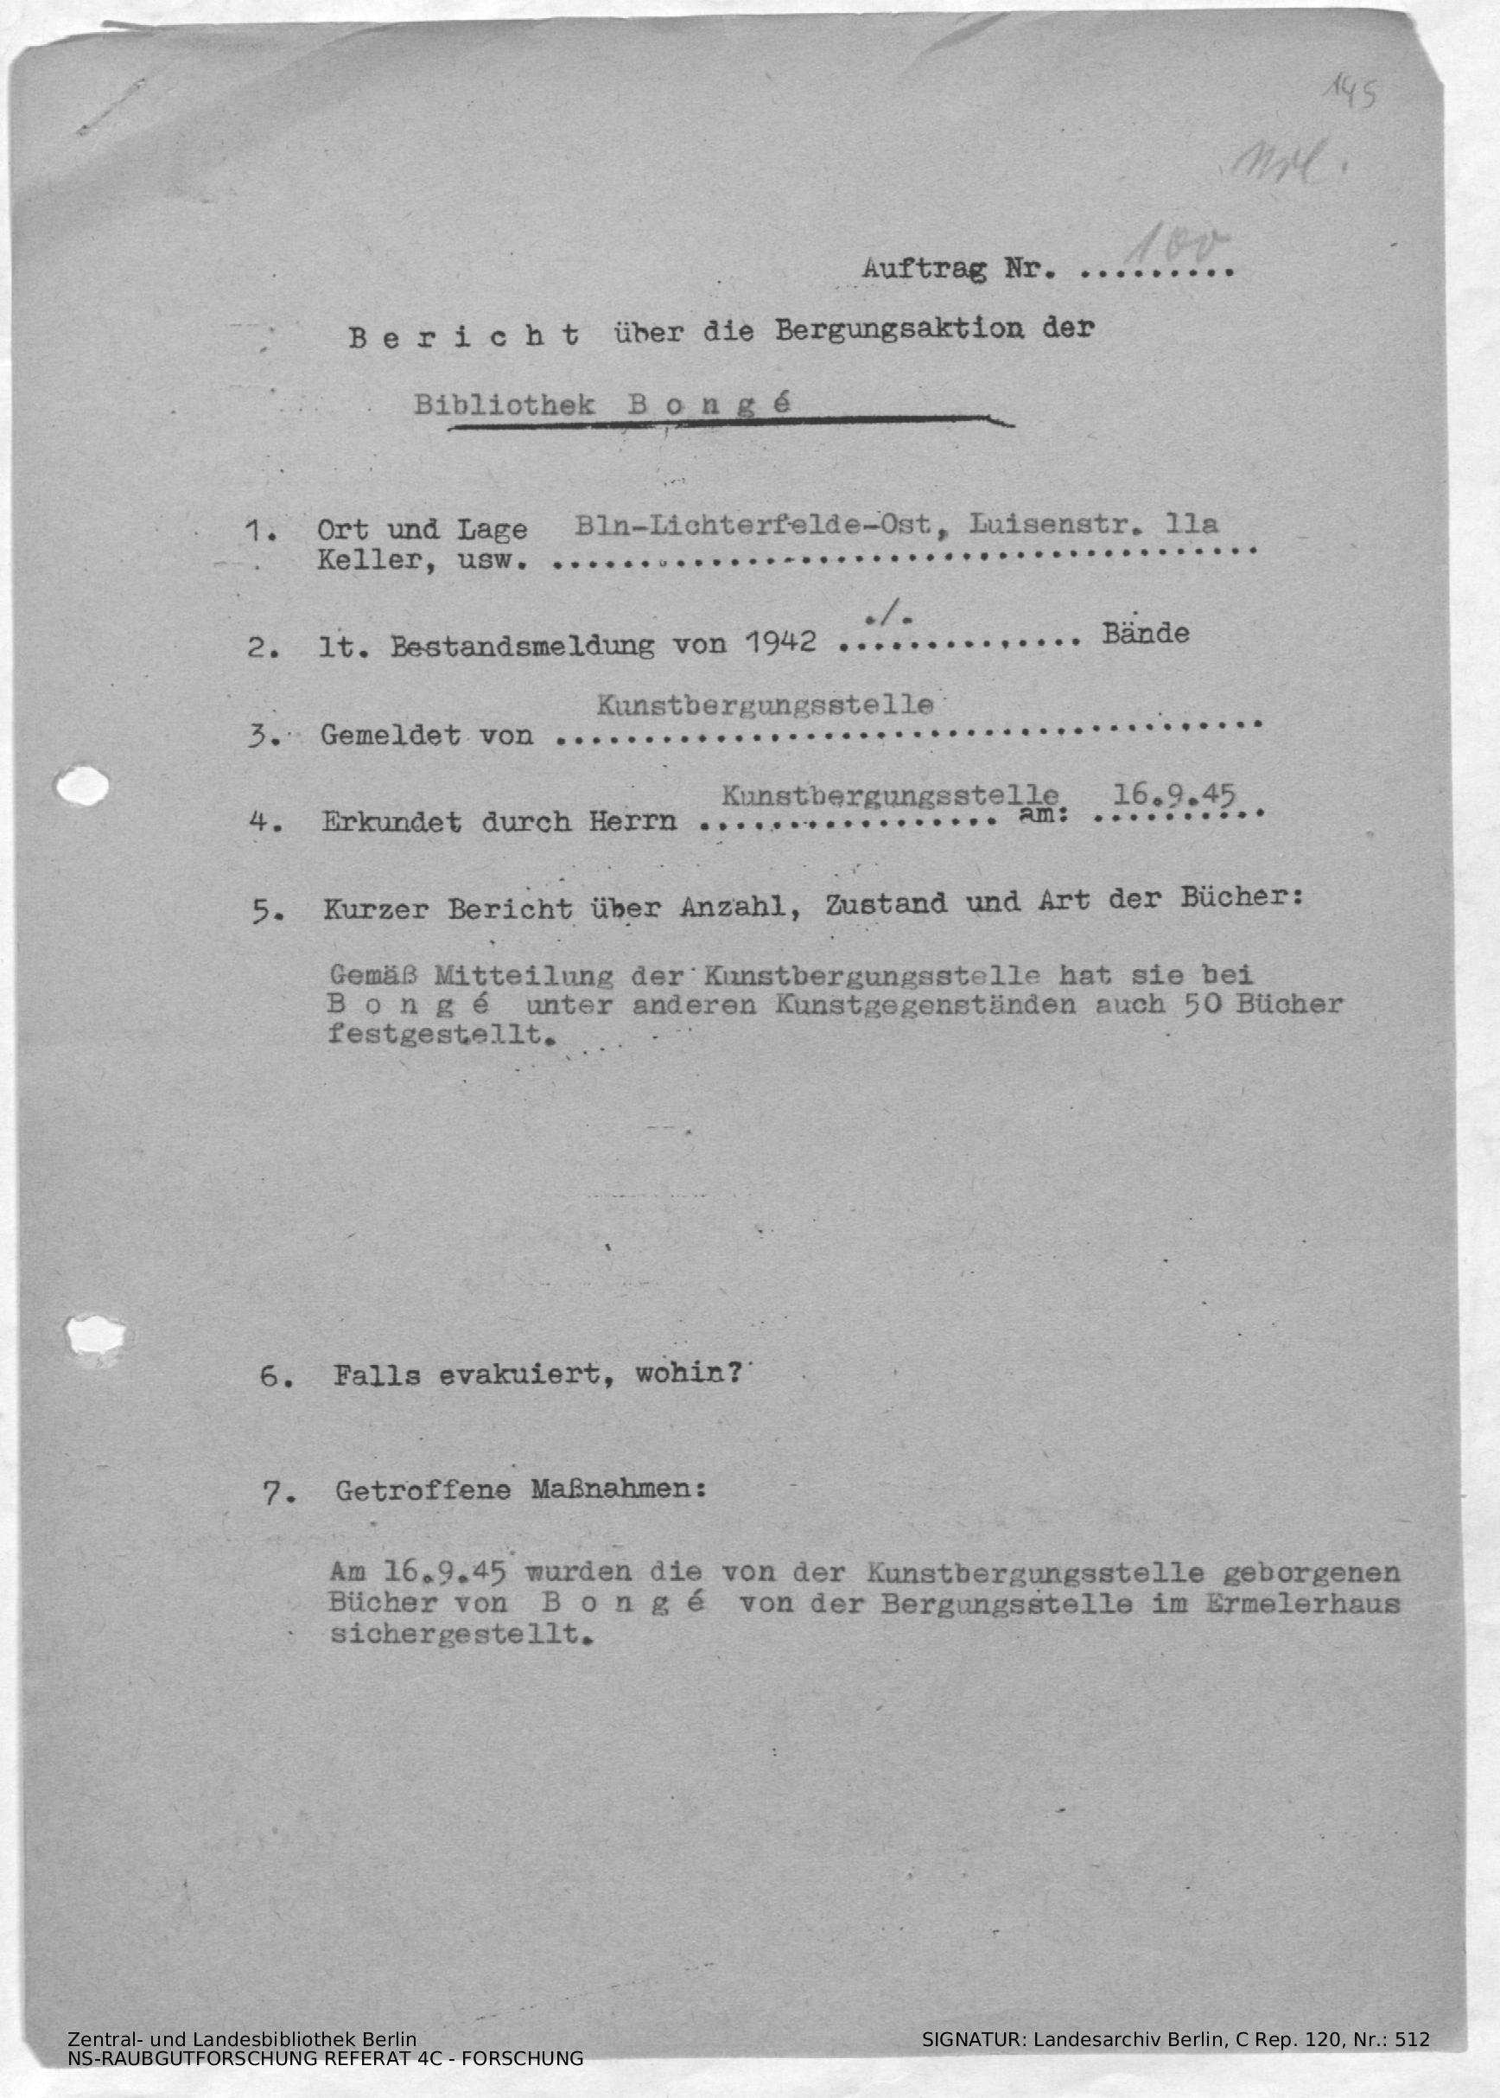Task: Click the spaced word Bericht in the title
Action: click(465, 336)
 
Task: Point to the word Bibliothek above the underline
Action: click(504, 405)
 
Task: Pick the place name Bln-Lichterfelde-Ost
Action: click(753, 526)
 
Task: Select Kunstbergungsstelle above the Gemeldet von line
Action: click(764, 705)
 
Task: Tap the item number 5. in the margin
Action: click(267, 912)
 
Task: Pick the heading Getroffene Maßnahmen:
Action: click(520, 1490)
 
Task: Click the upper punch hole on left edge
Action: click(81, 788)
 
